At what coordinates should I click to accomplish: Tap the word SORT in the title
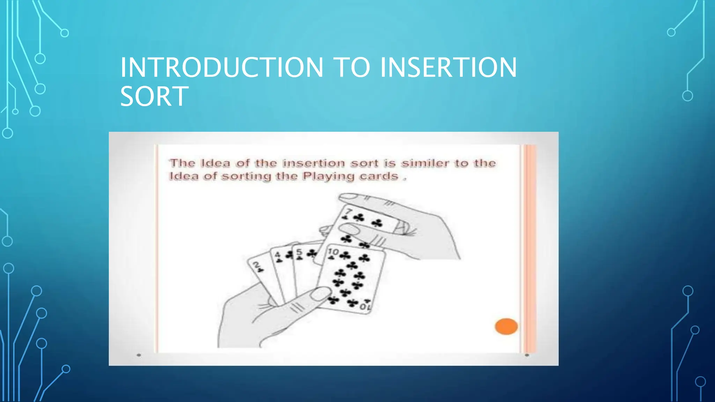click(154, 97)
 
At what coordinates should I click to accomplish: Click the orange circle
click(506, 327)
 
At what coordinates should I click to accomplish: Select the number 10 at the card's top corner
click(333, 251)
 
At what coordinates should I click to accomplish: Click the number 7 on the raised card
click(348, 211)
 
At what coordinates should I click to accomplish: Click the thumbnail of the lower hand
click(320, 293)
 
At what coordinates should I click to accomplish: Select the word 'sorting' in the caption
click(246, 176)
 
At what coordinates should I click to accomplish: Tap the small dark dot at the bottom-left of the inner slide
click(139, 355)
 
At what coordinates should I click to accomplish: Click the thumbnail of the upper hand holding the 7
click(349, 229)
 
